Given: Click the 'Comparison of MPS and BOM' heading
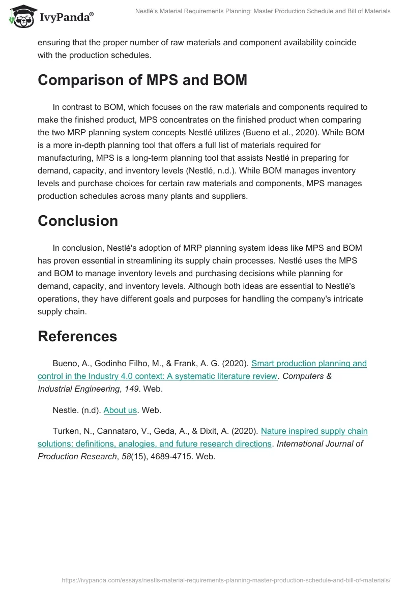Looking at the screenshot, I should coord(142,80).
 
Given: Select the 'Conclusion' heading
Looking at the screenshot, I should coord(77,221).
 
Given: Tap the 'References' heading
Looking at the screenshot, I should coord(77,336).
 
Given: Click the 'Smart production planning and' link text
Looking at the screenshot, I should coord(309,363).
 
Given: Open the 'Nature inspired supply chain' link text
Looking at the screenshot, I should coord(314,431).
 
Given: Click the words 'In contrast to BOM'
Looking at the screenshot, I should coord(85,107).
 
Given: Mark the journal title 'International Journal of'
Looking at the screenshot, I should coord(319,444).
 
